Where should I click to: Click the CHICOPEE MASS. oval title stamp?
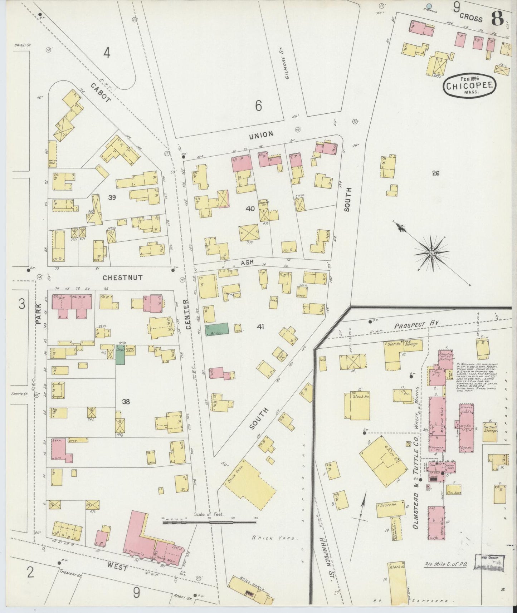470,85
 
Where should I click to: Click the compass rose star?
431,253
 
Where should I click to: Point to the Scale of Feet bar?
209,523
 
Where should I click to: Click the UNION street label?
261,134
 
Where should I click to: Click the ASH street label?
247,262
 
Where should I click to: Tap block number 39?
112,197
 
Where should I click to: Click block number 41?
260,326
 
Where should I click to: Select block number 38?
126,402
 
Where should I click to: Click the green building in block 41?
216,329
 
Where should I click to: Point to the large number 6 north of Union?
259,106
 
